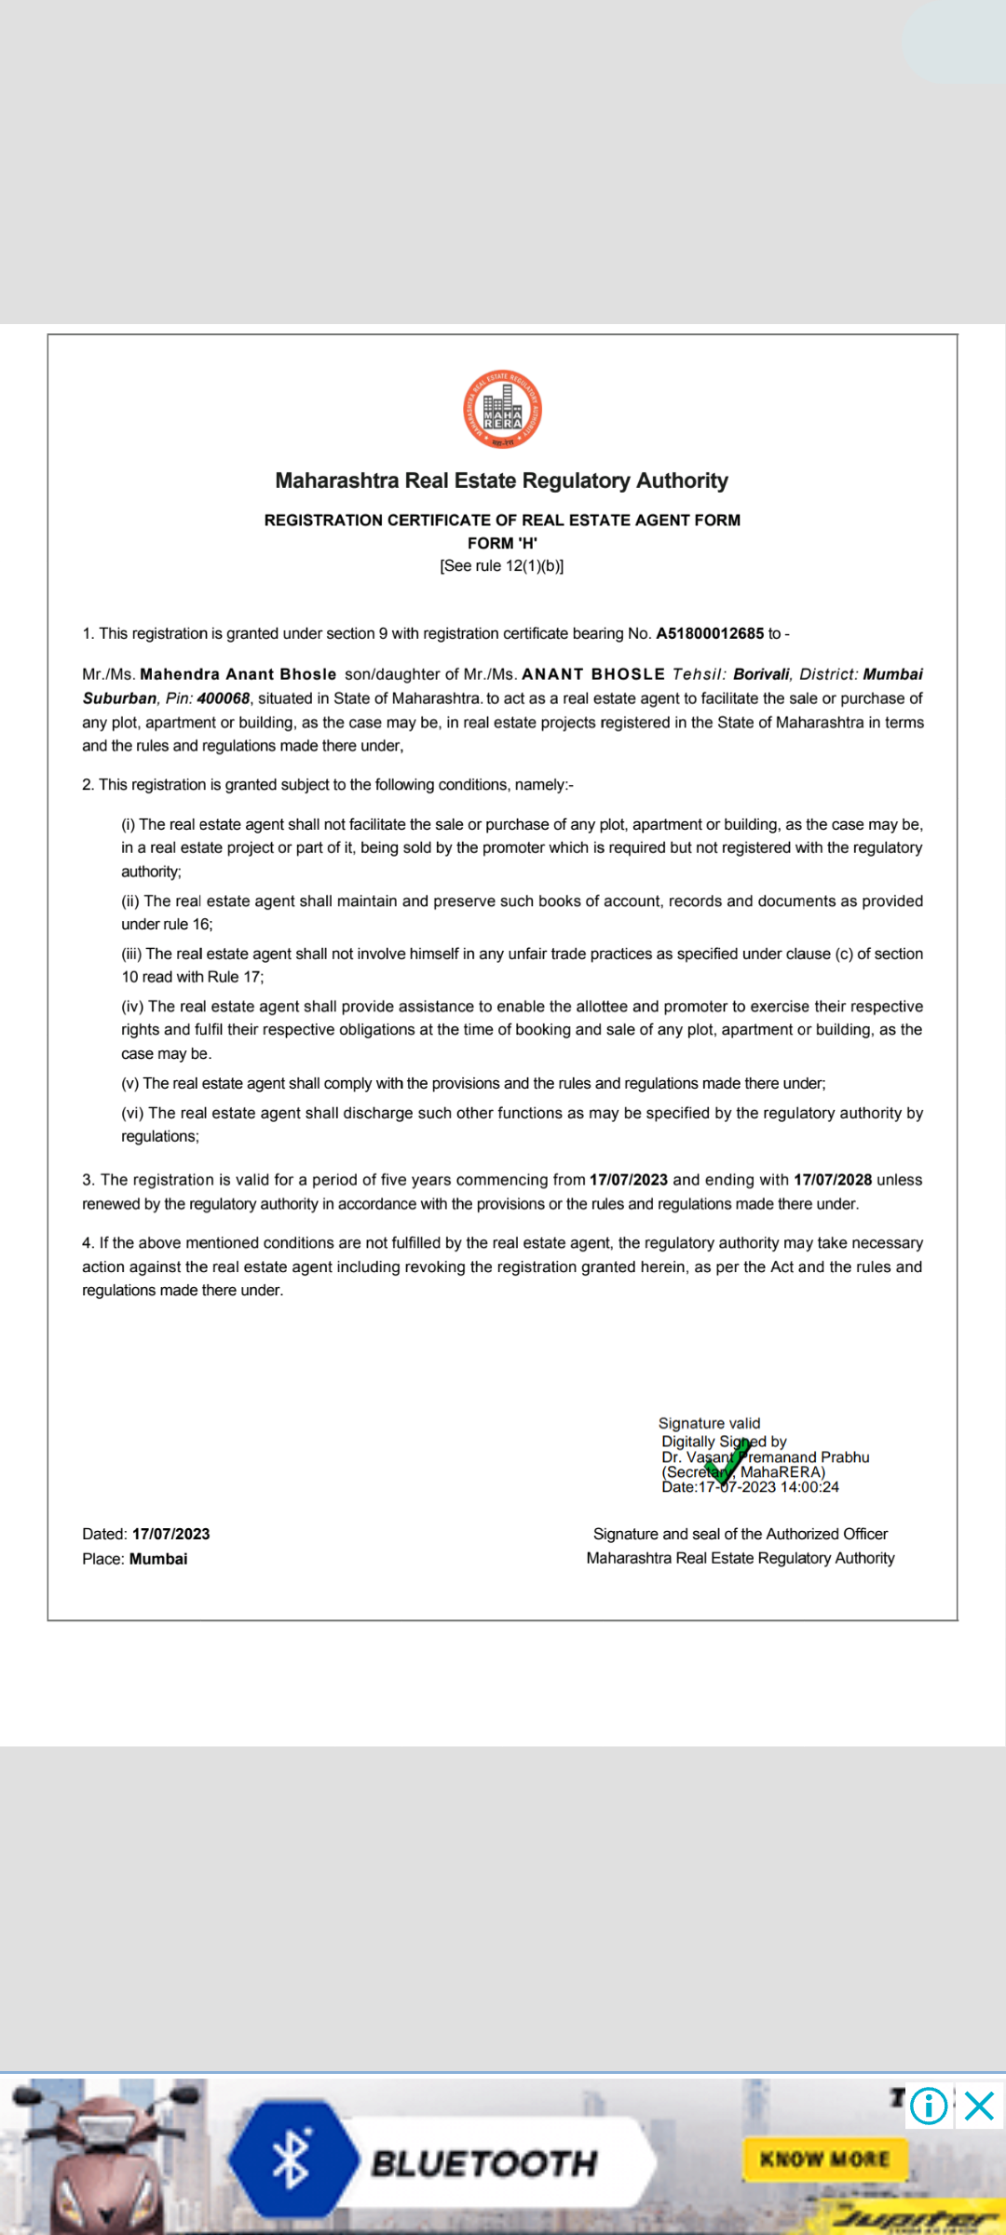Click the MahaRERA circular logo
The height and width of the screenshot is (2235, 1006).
[503, 410]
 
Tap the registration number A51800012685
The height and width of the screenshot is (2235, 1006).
[710, 633]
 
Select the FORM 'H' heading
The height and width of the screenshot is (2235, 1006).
[502, 543]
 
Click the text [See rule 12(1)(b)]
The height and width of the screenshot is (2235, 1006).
[502, 565]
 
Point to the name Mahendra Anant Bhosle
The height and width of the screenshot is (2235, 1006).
[238, 674]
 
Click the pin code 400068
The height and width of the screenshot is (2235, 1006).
[224, 698]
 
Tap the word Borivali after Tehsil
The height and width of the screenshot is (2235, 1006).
[761, 674]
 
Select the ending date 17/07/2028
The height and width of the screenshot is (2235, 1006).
[833, 1180]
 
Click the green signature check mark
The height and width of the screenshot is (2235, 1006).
[727, 1461]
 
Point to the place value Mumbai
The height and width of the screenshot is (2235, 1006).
[158, 1559]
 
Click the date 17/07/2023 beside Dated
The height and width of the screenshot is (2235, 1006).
[171, 1534]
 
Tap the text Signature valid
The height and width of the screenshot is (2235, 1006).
[709, 1423]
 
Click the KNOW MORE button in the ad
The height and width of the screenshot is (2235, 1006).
[824, 2159]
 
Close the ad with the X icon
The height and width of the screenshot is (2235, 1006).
[980, 2106]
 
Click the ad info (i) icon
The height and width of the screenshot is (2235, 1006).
[929, 2106]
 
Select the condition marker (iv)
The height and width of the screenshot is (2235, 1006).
[132, 1007]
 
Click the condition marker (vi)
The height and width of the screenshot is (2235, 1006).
[132, 1113]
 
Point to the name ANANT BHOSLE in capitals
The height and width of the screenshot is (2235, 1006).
[593, 674]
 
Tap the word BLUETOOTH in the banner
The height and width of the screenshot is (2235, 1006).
[484, 2163]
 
